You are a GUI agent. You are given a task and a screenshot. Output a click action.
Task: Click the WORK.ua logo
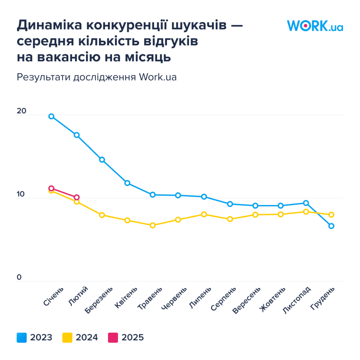coord(315,26)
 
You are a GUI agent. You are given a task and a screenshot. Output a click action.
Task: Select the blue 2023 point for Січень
coord(51,116)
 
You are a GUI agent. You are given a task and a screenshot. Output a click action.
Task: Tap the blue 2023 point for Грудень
coord(331,226)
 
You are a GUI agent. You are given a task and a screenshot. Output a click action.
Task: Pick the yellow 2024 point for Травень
coord(153,225)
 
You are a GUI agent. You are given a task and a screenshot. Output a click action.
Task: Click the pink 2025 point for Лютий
coord(77,197)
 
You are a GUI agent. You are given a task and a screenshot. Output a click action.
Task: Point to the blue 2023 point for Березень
coord(102,160)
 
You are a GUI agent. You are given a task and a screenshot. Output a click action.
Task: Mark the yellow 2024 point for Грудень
coord(331,215)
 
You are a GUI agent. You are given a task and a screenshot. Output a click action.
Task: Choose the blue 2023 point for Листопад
coord(306,203)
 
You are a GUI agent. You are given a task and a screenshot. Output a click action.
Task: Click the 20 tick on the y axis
coord(22,111)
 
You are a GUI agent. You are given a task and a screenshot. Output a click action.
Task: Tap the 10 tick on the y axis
coord(21,194)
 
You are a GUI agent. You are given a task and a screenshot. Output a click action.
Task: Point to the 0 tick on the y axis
coord(19,277)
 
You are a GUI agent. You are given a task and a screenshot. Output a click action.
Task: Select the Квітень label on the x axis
coord(126,298)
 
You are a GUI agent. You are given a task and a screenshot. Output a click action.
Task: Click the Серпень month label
coord(224,299)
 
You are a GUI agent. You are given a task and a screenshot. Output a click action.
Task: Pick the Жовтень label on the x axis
coord(273,300)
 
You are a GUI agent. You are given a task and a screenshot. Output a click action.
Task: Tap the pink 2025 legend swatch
coord(113,338)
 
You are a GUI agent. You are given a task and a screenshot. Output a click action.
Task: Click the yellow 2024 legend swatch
coord(67,338)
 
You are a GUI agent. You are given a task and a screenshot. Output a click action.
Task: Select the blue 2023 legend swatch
coord(22,338)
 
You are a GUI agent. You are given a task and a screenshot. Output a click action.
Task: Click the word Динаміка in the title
coord(49,25)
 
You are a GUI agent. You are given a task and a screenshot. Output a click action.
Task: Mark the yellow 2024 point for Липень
coord(204,215)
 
